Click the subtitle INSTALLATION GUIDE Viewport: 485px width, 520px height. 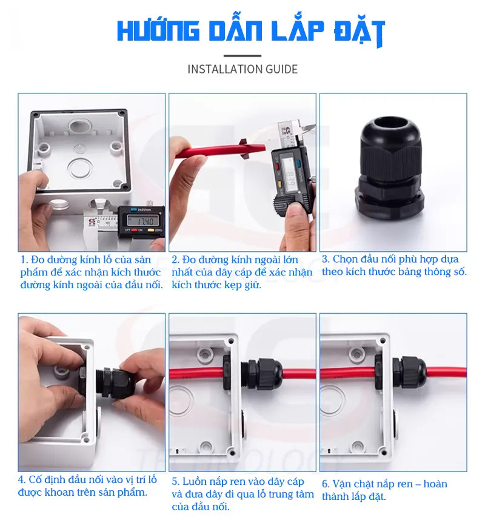click(242, 69)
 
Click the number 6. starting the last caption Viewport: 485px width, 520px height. click(326, 484)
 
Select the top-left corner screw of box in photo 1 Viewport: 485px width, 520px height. click(35, 114)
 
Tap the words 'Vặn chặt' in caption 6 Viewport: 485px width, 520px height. click(352, 484)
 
